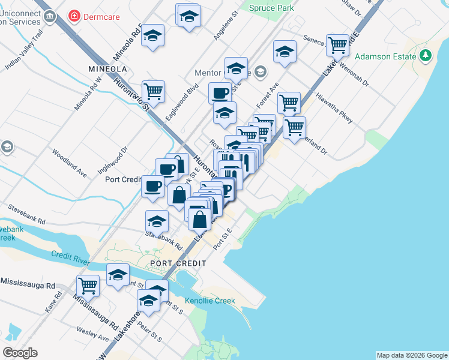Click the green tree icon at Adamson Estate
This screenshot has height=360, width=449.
coord(426,55)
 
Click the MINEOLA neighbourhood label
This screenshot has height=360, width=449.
coord(106,68)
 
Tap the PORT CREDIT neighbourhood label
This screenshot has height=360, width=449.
coord(178,263)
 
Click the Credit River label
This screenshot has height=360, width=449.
coord(70,255)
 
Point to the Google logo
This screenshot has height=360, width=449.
coord(20,353)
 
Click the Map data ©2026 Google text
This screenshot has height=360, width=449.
coord(411,355)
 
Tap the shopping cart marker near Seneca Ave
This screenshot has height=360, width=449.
coord(338,44)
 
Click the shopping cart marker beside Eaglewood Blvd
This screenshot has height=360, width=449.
coord(153,91)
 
